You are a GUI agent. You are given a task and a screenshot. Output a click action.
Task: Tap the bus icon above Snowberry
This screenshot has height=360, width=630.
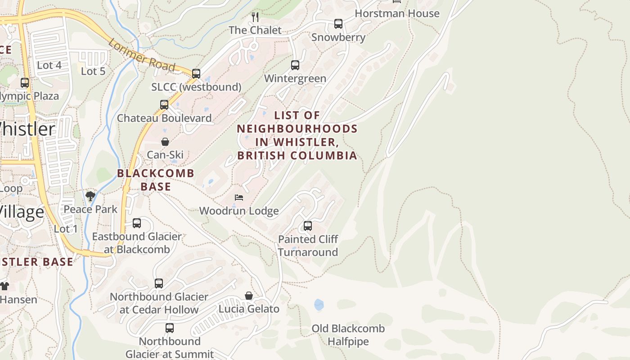click(338, 24)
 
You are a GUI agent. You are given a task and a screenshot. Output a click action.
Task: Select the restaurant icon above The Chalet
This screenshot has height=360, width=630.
click(255, 17)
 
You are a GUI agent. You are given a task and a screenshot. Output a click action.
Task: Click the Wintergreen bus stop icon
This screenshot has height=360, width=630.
click(295, 65)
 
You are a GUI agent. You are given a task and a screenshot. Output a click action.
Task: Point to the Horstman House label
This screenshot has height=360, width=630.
click(397, 13)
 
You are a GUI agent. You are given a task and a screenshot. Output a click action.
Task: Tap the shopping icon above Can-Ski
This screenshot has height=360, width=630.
click(165, 142)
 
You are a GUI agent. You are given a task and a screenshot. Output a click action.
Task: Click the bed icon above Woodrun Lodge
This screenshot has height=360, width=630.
click(239, 198)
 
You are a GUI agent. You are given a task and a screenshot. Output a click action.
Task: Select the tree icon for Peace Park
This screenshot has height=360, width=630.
click(90, 196)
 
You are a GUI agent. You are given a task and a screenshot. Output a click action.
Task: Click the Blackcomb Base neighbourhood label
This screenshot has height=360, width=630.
click(156, 180)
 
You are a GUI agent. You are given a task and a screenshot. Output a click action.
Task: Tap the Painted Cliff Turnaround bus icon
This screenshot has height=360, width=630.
click(308, 226)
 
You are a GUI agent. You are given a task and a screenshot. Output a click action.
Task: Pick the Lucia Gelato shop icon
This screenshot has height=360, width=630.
click(249, 296)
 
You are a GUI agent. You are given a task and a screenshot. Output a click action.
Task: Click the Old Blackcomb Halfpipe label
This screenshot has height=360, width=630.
click(348, 335)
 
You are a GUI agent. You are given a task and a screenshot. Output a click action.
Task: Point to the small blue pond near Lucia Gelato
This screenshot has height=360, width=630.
click(319, 305)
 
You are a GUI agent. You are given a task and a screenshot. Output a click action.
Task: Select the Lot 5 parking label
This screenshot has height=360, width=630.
click(93, 71)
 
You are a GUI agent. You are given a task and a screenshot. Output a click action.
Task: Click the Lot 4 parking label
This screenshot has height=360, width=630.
click(49, 65)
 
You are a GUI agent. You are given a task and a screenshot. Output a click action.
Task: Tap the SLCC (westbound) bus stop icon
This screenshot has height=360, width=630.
click(196, 73)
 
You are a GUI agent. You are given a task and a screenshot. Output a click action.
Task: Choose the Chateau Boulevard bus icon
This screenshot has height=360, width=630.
click(164, 105)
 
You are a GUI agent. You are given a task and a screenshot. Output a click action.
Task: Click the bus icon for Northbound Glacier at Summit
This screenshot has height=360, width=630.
click(170, 328)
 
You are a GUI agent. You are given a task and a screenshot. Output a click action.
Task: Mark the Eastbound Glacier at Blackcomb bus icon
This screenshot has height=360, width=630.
click(137, 223)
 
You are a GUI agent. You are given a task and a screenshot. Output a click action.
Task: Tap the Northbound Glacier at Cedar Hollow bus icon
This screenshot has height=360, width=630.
click(159, 283)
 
